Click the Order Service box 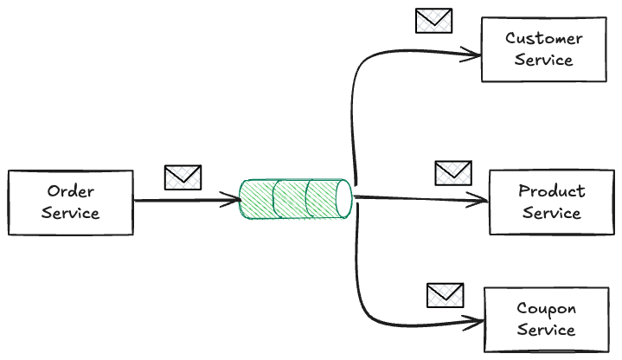pos(70,202)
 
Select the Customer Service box pos(543,50)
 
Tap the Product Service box pos(551,202)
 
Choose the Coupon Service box pos(546,319)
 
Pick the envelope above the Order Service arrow pos(183,177)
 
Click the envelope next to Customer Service pos(433,21)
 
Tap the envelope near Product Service pos(452,172)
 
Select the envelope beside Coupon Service pos(446,295)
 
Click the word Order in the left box pos(71,191)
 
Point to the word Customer pos(544,39)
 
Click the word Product pos(552,191)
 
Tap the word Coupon pos(546,309)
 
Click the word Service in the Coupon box pos(546,331)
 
